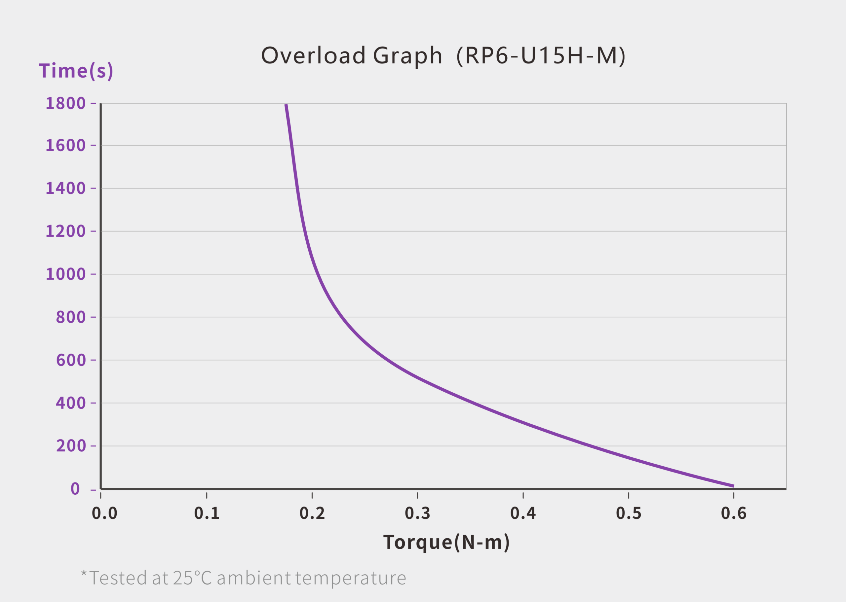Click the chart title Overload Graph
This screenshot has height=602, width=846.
(x=352, y=55)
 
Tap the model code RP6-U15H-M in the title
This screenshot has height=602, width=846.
(x=541, y=55)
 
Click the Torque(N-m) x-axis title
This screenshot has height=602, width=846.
(x=446, y=542)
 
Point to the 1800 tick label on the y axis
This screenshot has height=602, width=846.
(x=66, y=103)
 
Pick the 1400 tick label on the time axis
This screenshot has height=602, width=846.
(x=66, y=188)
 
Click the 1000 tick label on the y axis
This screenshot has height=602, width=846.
(x=66, y=274)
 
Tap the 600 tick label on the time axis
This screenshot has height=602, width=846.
(x=71, y=360)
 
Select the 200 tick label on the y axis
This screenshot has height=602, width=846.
(x=71, y=445)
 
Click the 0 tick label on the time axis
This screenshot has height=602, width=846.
(x=75, y=489)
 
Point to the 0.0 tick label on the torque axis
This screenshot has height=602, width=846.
(x=104, y=513)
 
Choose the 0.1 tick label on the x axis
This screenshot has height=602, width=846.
(x=207, y=513)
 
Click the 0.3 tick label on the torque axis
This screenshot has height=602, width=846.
(x=417, y=513)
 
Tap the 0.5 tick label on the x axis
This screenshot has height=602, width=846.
(x=628, y=513)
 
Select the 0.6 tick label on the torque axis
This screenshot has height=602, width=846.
(x=734, y=513)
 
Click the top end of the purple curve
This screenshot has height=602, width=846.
(x=286, y=105)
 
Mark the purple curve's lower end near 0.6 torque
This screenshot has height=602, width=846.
(x=733, y=486)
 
